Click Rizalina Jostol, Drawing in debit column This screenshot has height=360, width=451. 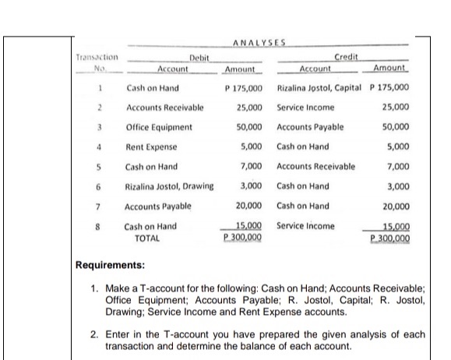169,187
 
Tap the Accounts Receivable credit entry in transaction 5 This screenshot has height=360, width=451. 315,167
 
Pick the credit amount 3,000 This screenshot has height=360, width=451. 399,187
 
